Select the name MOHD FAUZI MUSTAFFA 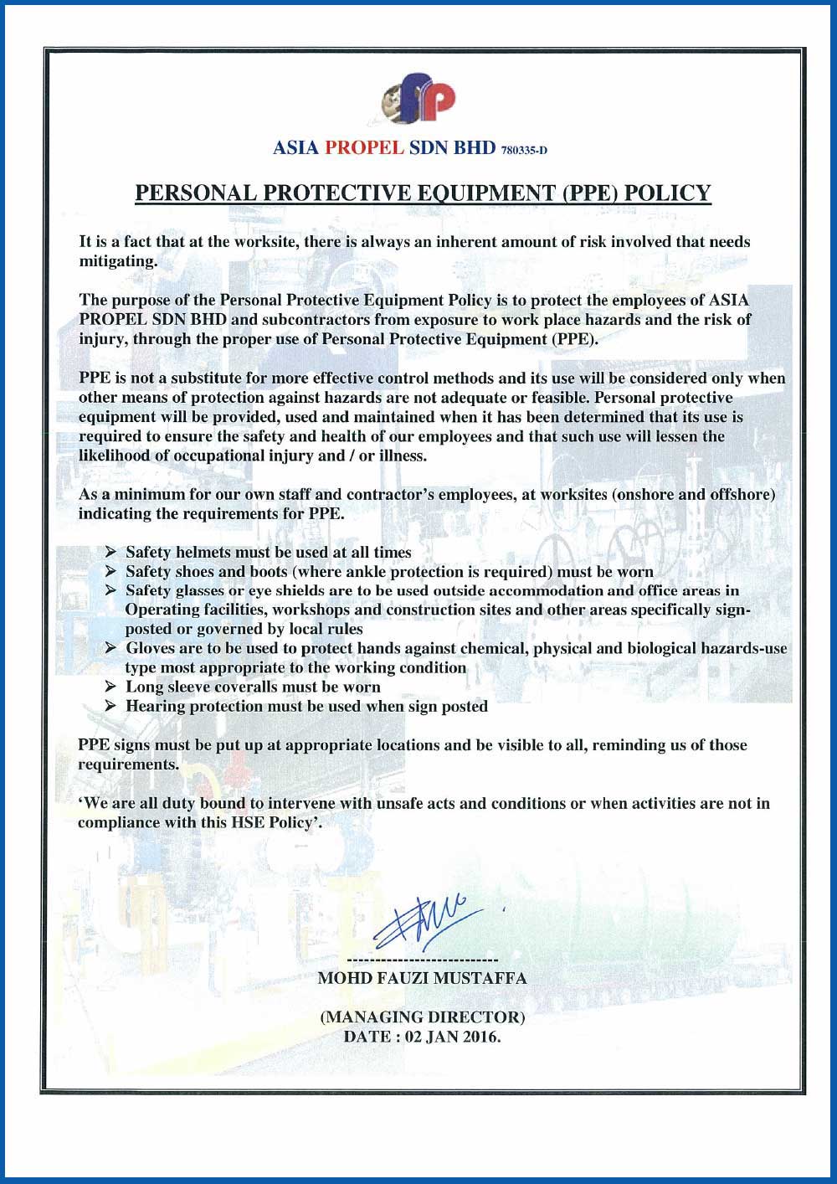422,977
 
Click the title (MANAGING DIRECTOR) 422,1017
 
